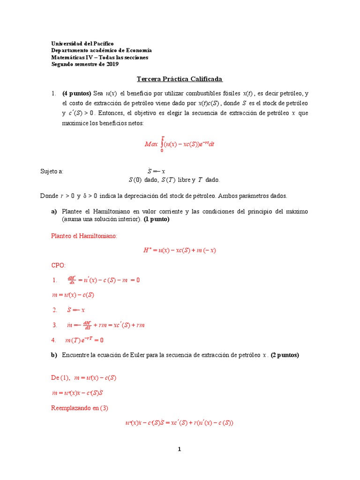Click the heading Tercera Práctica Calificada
coord(180,79)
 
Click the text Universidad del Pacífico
coord(82,43)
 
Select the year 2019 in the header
coord(112,64)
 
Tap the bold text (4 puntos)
coord(76,93)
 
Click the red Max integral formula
coord(180,144)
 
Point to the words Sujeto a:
coord(52,172)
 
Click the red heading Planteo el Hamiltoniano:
coord(84,236)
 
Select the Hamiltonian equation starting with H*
coord(180,250)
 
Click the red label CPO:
coord(59,265)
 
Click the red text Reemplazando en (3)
coord(79,408)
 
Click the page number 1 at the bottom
coord(179,449)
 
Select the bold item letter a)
coord(54,212)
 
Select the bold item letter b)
coord(54,355)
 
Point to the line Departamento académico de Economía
coord(101,50)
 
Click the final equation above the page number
coord(180,423)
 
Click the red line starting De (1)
coord(83,377)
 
